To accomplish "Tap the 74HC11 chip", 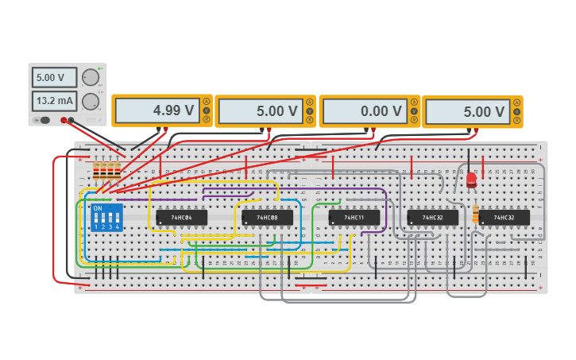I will (354, 217).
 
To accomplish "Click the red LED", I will (471, 180).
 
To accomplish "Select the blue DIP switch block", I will (106, 217).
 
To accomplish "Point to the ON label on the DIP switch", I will (98, 209).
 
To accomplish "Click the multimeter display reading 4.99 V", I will (156, 111).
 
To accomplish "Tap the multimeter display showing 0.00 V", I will (363, 111).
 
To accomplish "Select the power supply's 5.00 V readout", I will (54, 78).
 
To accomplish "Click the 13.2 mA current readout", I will (54, 101).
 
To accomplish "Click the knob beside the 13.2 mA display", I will (91, 101).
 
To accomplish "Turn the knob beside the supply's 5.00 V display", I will (91, 78).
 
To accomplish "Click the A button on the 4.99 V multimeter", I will (207, 101).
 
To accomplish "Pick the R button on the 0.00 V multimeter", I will (414, 119).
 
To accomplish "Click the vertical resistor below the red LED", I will (475, 215).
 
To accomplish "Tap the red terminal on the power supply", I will (64, 120).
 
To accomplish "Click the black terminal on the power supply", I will (72, 120).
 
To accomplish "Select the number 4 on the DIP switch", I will (118, 227).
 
